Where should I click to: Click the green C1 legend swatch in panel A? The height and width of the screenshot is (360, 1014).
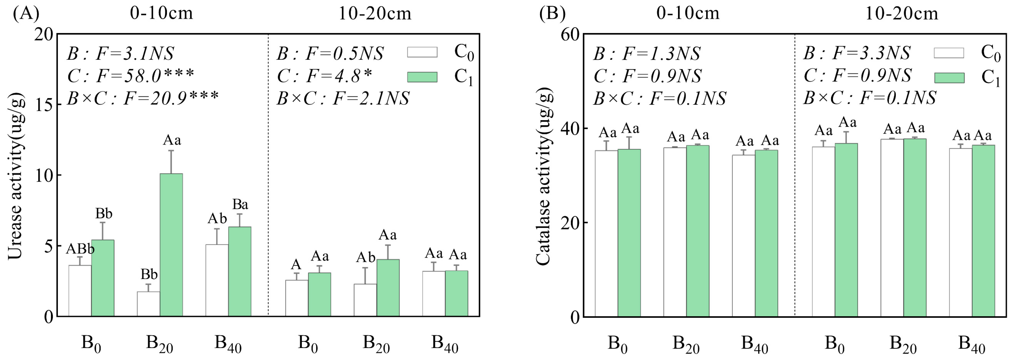click(422, 77)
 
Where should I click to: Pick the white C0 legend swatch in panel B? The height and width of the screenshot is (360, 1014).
click(949, 53)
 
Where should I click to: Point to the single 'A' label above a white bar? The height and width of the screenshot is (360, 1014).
click(296, 264)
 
